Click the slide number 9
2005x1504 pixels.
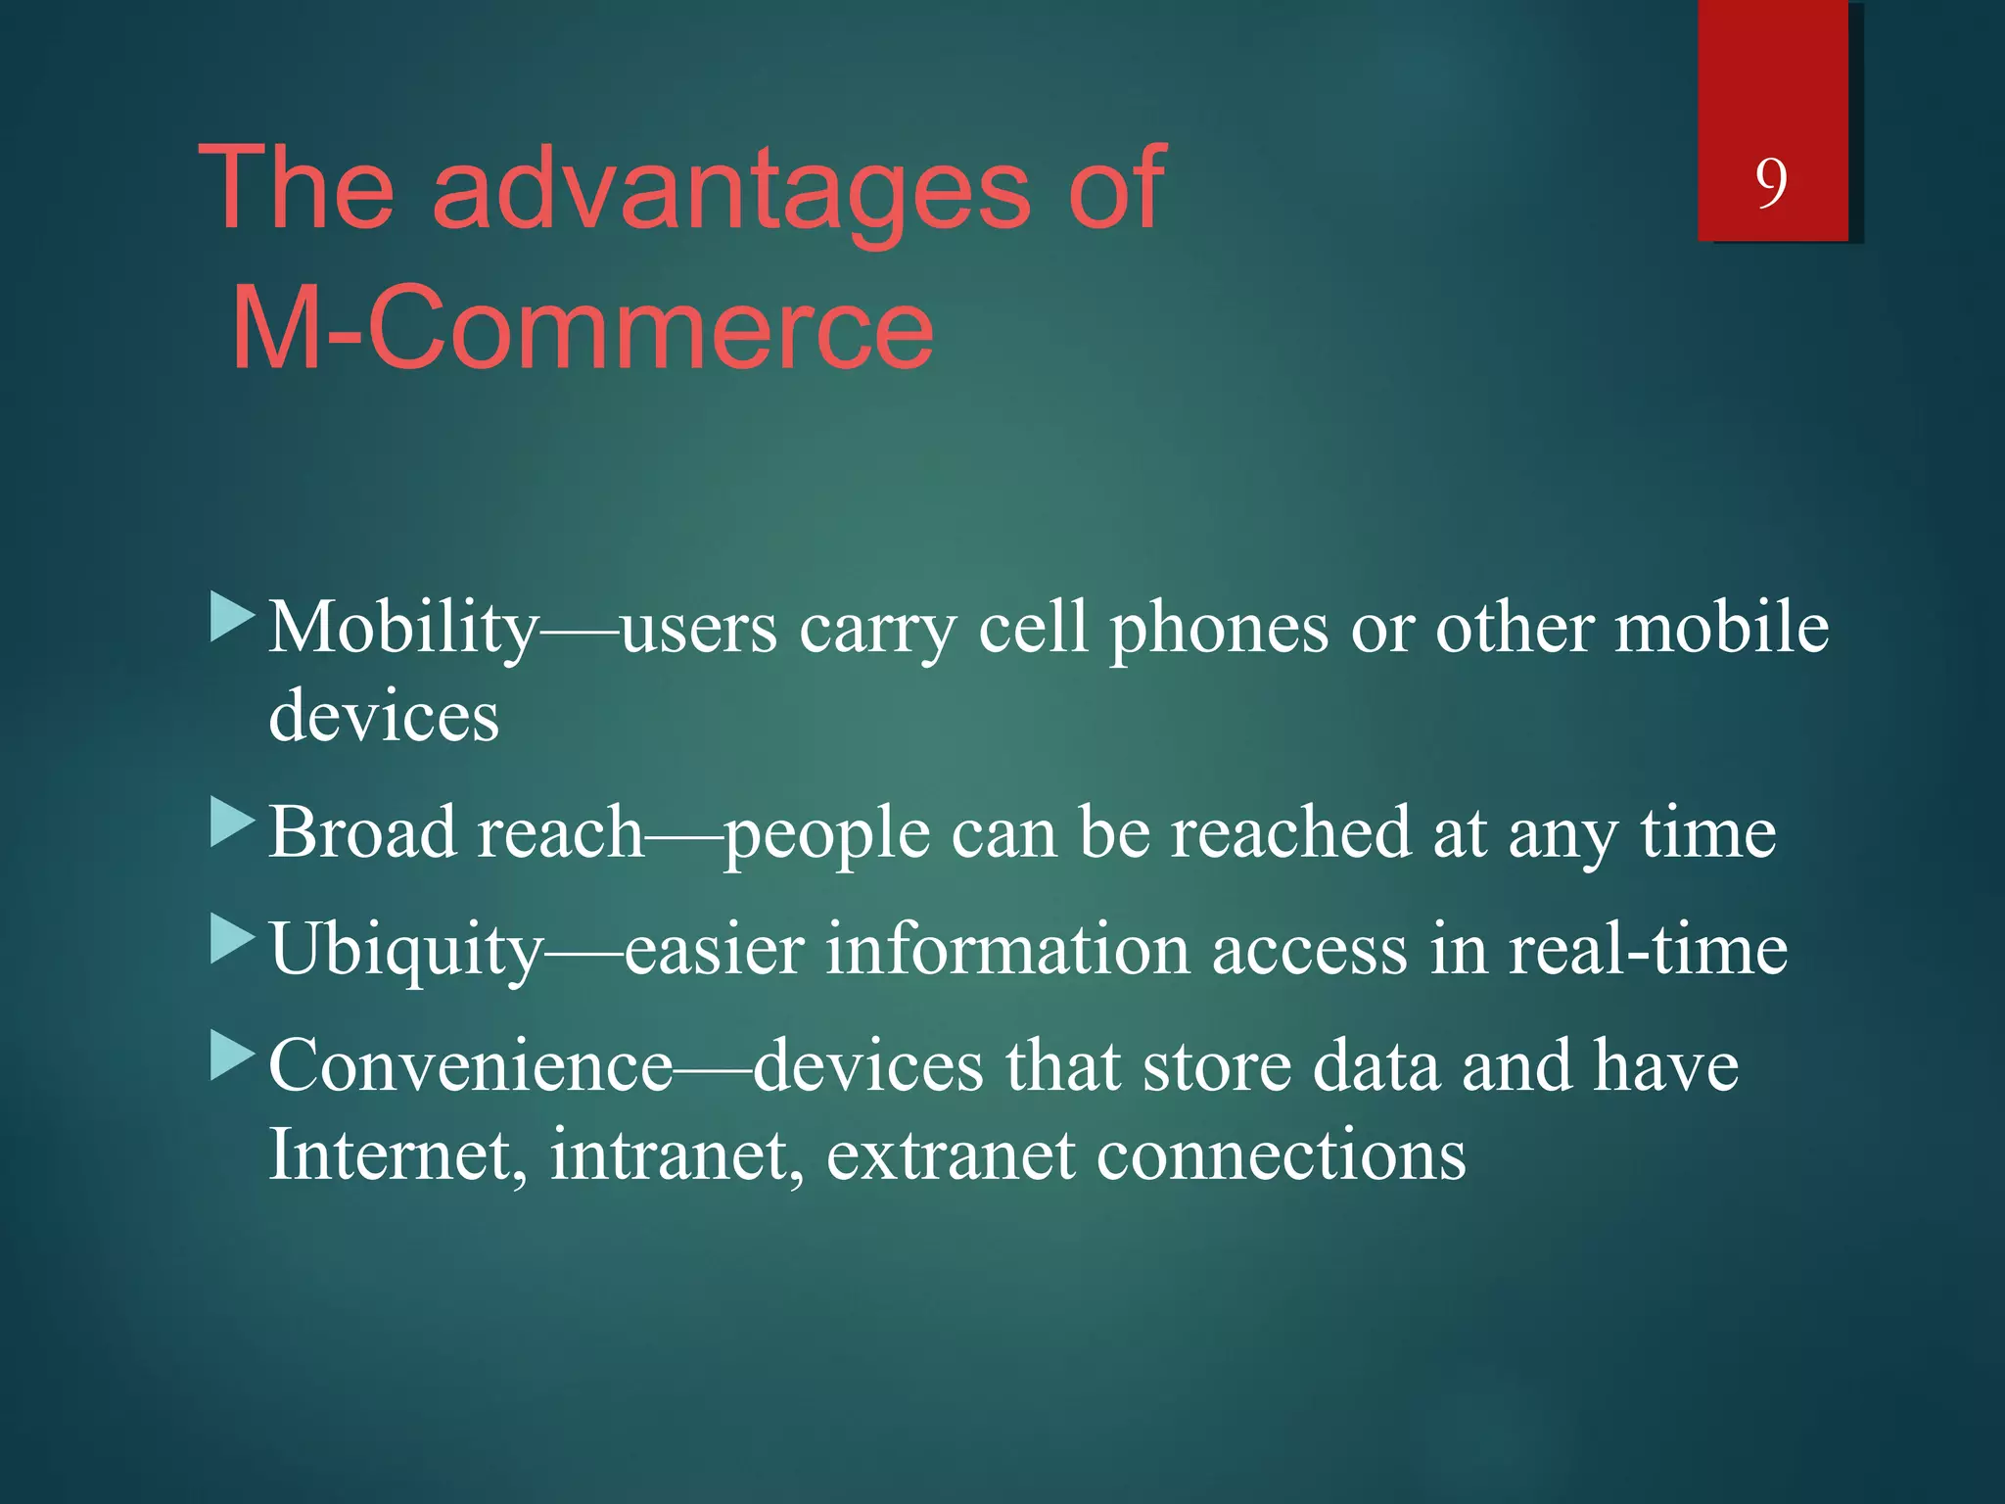pyautogui.click(x=1771, y=183)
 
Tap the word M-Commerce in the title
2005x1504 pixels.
pyautogui.click(x=582, y=327)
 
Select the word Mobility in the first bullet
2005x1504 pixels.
pyautogui.click(x=402, y=628)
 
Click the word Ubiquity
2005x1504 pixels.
pyautogui.click(x=404, y=950)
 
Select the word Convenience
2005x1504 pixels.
pyautogui.click(x=470, y=1065)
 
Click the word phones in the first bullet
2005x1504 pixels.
pyautogui.click(x=1218, y=628)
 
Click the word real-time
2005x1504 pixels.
pyautogui.click(x=1647, y=950)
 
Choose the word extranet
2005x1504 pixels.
pyautogui.click(x=950, y=1155)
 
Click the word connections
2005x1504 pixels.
pyautogui.click(x=1281, y=1155)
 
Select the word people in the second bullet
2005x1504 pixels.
pyautogui.click(x=827, y=834)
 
